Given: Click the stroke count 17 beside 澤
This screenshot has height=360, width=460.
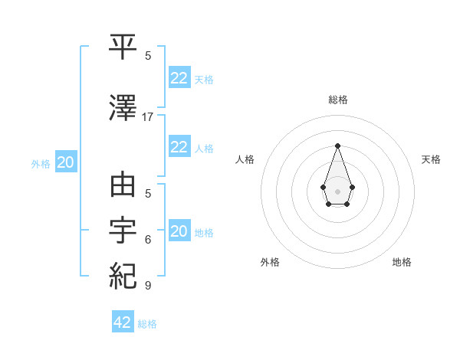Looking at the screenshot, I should pyautogui.click(x=148, y=116).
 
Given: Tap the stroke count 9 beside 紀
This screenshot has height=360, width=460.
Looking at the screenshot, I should pyautogui.click(x=148, y=286).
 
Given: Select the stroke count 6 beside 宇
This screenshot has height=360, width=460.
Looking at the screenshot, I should pyautogui.click(x=148, y=239).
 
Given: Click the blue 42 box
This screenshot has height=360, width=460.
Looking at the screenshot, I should pyautogui.click(x=123, y=322).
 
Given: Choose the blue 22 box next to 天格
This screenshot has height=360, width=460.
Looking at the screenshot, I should pyautogui.click(x=179, y=77).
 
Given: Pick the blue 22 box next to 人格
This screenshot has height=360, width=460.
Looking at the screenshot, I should pyautogui.click(x=179, y=146).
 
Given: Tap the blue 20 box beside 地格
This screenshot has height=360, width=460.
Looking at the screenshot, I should pyautogui.click(x=179, y=231).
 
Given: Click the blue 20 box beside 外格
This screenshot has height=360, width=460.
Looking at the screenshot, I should pyautogui.click(x=66, y=162).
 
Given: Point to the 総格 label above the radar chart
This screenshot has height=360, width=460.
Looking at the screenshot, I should pyautogui.click(x=337, y=100).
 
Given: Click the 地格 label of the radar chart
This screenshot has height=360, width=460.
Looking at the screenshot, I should pyautogui.click(x=402, y=262).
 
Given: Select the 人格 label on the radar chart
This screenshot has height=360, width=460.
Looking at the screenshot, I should pyautogui.click(x=245, y=159).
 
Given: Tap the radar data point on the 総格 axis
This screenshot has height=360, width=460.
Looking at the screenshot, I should pyautogui.click(x=337, y=146).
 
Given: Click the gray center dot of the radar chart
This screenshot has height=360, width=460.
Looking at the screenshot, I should pyautogui.click(x=337, y=191).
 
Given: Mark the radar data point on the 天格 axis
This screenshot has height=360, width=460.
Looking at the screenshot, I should pyautogui.click(x=352, y=186).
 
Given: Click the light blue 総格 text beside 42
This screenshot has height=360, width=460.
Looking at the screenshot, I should pyautogui.click(x=147, y=324).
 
